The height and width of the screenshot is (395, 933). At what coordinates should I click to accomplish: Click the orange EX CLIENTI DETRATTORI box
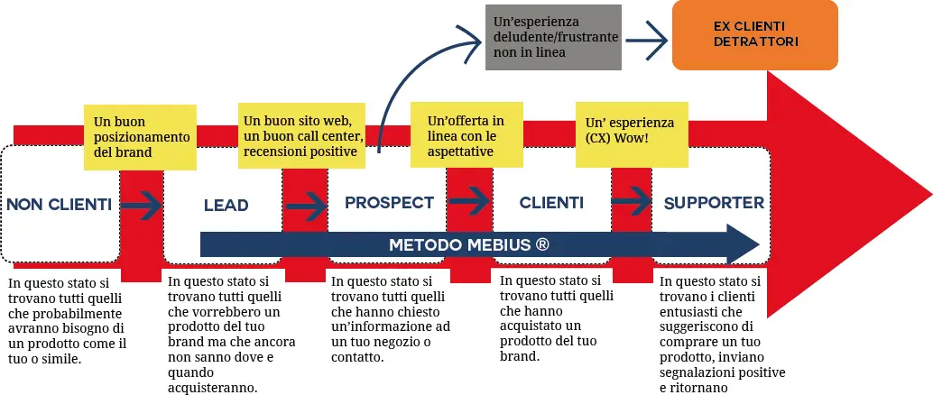pyautogui.click(x=755, y=35)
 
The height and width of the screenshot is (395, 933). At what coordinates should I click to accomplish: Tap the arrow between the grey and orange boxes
pyautogui.click(x=647, y=37)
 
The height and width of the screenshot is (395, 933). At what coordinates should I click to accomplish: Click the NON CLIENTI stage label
pyautogui.click(x=60, y=205)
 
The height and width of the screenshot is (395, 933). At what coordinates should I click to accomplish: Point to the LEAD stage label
pyautogui.click(x=226, y=206)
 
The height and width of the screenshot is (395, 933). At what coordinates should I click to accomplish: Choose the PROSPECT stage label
pyautogui.click(x=389, y=202)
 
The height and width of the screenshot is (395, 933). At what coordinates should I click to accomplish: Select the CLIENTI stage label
pyautogui.click(x=551, y=202)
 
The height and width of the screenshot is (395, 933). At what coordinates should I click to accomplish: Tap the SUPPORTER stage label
pyautogui.click(x=714, y=203)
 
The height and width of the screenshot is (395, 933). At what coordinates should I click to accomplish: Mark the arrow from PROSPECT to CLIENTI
pyautogui.click(x=469, y=199)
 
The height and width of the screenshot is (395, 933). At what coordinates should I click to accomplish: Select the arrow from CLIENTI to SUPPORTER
pyautogui.click(x=632, y=199)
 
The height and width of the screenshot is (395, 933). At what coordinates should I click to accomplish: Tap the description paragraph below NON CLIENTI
pyautogui.click(x=69, y=320)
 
